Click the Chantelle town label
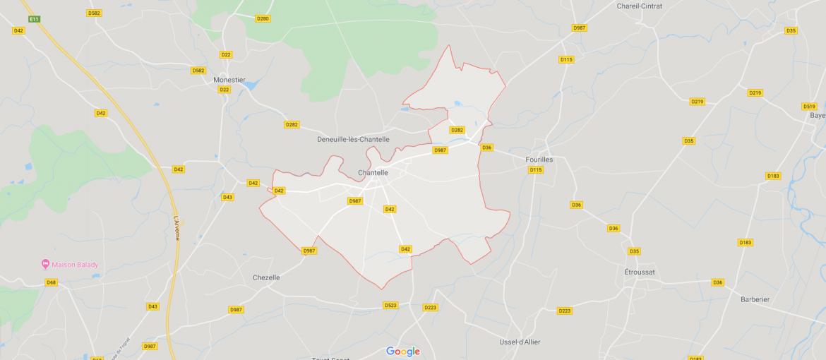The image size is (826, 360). (x=373, y=173)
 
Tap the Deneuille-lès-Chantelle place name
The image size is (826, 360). (x=353, y=140)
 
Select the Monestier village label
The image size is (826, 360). (x=229, y=80)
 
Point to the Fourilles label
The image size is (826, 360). (x=539, y=160)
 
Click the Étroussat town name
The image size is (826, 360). (x=640, y=272)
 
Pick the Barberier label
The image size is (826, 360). (x=755, y=299)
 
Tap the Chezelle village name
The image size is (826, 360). (x=266, y=277)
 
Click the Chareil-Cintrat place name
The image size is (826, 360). (x=639, y=6)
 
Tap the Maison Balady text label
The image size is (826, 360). (x=75, y=265)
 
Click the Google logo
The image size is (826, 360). (x=402, y=352)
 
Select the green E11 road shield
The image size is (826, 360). (x=35, y=18)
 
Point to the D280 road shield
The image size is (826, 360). (x=263, y=18)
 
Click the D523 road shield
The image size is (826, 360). (x=390, y=305)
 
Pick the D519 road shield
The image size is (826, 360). (x=809, y=107)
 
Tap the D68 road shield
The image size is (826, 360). (x=51, y=282)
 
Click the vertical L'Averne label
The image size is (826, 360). (x=176, y=228)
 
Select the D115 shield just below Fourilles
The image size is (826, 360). (x=536, y=170)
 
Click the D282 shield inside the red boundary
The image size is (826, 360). (x=457, y=130)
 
